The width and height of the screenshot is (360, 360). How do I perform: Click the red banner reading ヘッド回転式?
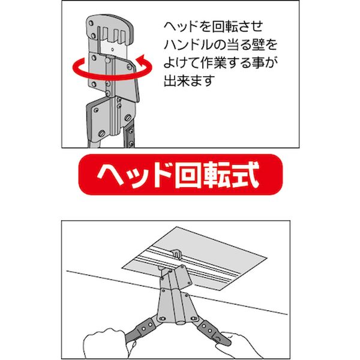click(181, 175)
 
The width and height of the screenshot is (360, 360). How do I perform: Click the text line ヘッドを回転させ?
click(213, 27)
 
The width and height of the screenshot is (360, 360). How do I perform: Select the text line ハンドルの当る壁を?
click(221, 45)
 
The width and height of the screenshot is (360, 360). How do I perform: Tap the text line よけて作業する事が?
click(221, 62)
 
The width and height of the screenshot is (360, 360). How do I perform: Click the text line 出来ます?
click(189, 80)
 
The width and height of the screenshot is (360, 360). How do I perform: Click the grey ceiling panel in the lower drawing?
click(194, 258)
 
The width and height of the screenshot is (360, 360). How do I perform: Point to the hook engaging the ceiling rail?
click(176, 253)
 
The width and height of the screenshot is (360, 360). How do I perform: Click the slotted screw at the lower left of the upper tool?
click(102, 133)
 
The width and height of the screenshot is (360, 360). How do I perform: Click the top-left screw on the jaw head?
click(91, 23)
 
